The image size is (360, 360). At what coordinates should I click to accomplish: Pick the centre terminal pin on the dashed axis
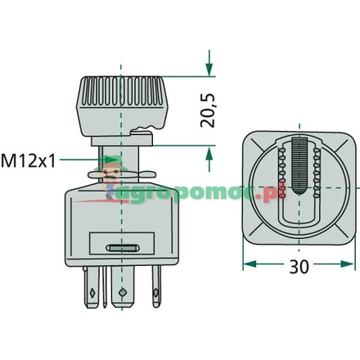(121, 291)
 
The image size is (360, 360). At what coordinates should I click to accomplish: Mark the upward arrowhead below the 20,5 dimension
(209, 155)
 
